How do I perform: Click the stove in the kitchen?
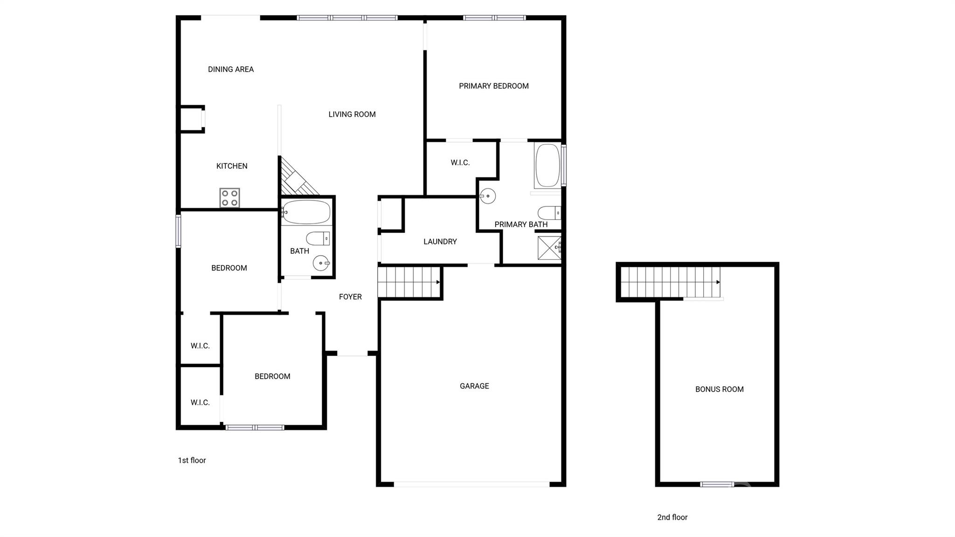229,197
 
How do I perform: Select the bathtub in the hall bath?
306,212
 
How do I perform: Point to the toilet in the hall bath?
318,238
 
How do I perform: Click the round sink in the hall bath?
321,263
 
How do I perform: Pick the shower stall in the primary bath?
549,248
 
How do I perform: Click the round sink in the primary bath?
487,196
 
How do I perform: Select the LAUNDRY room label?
440,242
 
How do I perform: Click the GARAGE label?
474,386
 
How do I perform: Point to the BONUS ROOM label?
719,389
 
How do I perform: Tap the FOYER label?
350,297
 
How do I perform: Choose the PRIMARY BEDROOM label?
493,86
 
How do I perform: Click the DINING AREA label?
231,70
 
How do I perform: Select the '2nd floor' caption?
672,517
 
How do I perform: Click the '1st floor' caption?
192,460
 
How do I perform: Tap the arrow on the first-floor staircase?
438,282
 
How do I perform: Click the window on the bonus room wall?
717,484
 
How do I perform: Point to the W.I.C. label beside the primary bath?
460,163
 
